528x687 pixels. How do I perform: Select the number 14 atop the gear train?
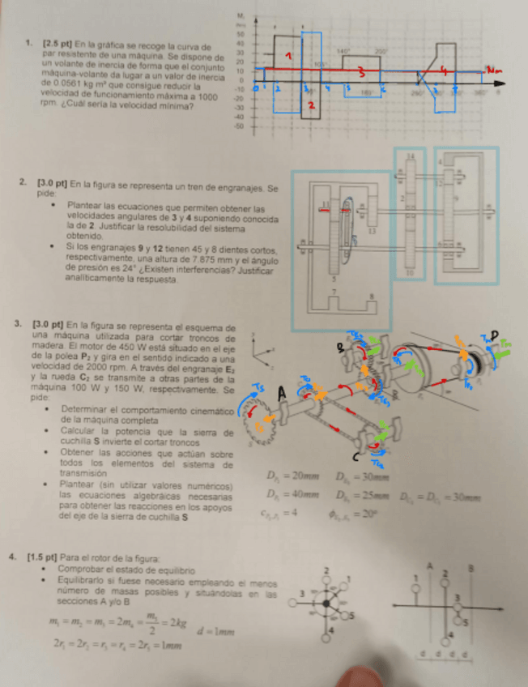tap(411, 156)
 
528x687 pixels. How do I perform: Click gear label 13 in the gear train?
tap(373, 232)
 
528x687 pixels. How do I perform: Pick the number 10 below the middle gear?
tap(411, 273)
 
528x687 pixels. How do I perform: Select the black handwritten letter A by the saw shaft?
tap(283, 393)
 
